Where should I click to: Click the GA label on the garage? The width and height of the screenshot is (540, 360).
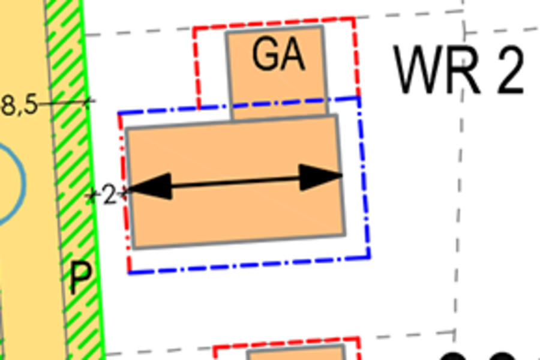(278, 55)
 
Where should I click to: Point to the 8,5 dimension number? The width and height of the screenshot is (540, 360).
(19, 105)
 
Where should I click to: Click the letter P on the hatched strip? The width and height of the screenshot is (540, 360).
(81, 278)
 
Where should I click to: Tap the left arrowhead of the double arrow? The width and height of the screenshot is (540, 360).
(149, 187)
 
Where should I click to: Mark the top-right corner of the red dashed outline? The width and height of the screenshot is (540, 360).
(355, 18)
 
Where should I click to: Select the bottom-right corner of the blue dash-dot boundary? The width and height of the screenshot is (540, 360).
(370, 257)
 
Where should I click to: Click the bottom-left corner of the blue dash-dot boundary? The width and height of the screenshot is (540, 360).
(129, 273)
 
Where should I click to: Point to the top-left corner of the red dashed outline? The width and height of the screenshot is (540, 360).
(194, 28)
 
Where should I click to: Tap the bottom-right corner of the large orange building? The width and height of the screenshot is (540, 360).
(344, 235)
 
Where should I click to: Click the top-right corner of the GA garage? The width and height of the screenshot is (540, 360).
(322, 27)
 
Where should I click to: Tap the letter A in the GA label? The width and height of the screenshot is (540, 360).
(293, 55)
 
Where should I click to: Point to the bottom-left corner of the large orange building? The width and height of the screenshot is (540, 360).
(134, 248)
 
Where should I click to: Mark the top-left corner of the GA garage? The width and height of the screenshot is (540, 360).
(227, 33)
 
